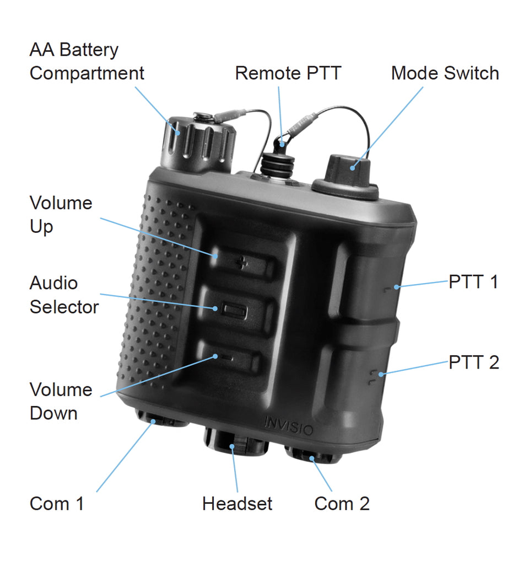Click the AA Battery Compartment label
pyautogui.click(x=87, y=61)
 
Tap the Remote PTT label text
pyautogui.click(x=288, y=73)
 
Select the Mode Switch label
pyautogui.click(x=444, y=73)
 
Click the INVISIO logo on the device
pyautogui.click(x=288, y=425)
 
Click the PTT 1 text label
pyautogui.click(x=473, y=282)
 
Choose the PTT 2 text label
pyautogui.click(x=473, y=363)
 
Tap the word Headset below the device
pyautogui.click(x=237, y=503)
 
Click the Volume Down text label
pyautogui.click(x=61, y=401)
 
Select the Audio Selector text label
pyautogui.click(x=63, y=295)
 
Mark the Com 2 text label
pyautogui.click(x=342, y=503)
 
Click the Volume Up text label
pyautogui.click(x=61, y=215)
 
